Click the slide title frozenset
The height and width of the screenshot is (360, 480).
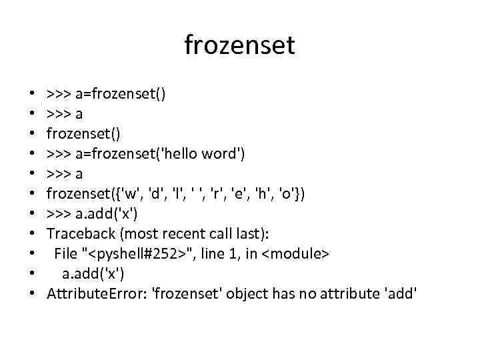point(239,45)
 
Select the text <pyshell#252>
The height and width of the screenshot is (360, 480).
point(138,254)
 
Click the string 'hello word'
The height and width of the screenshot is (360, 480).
point(205,155)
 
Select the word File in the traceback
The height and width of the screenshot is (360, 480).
point(65,254)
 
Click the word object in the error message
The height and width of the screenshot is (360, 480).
point(247,294)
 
